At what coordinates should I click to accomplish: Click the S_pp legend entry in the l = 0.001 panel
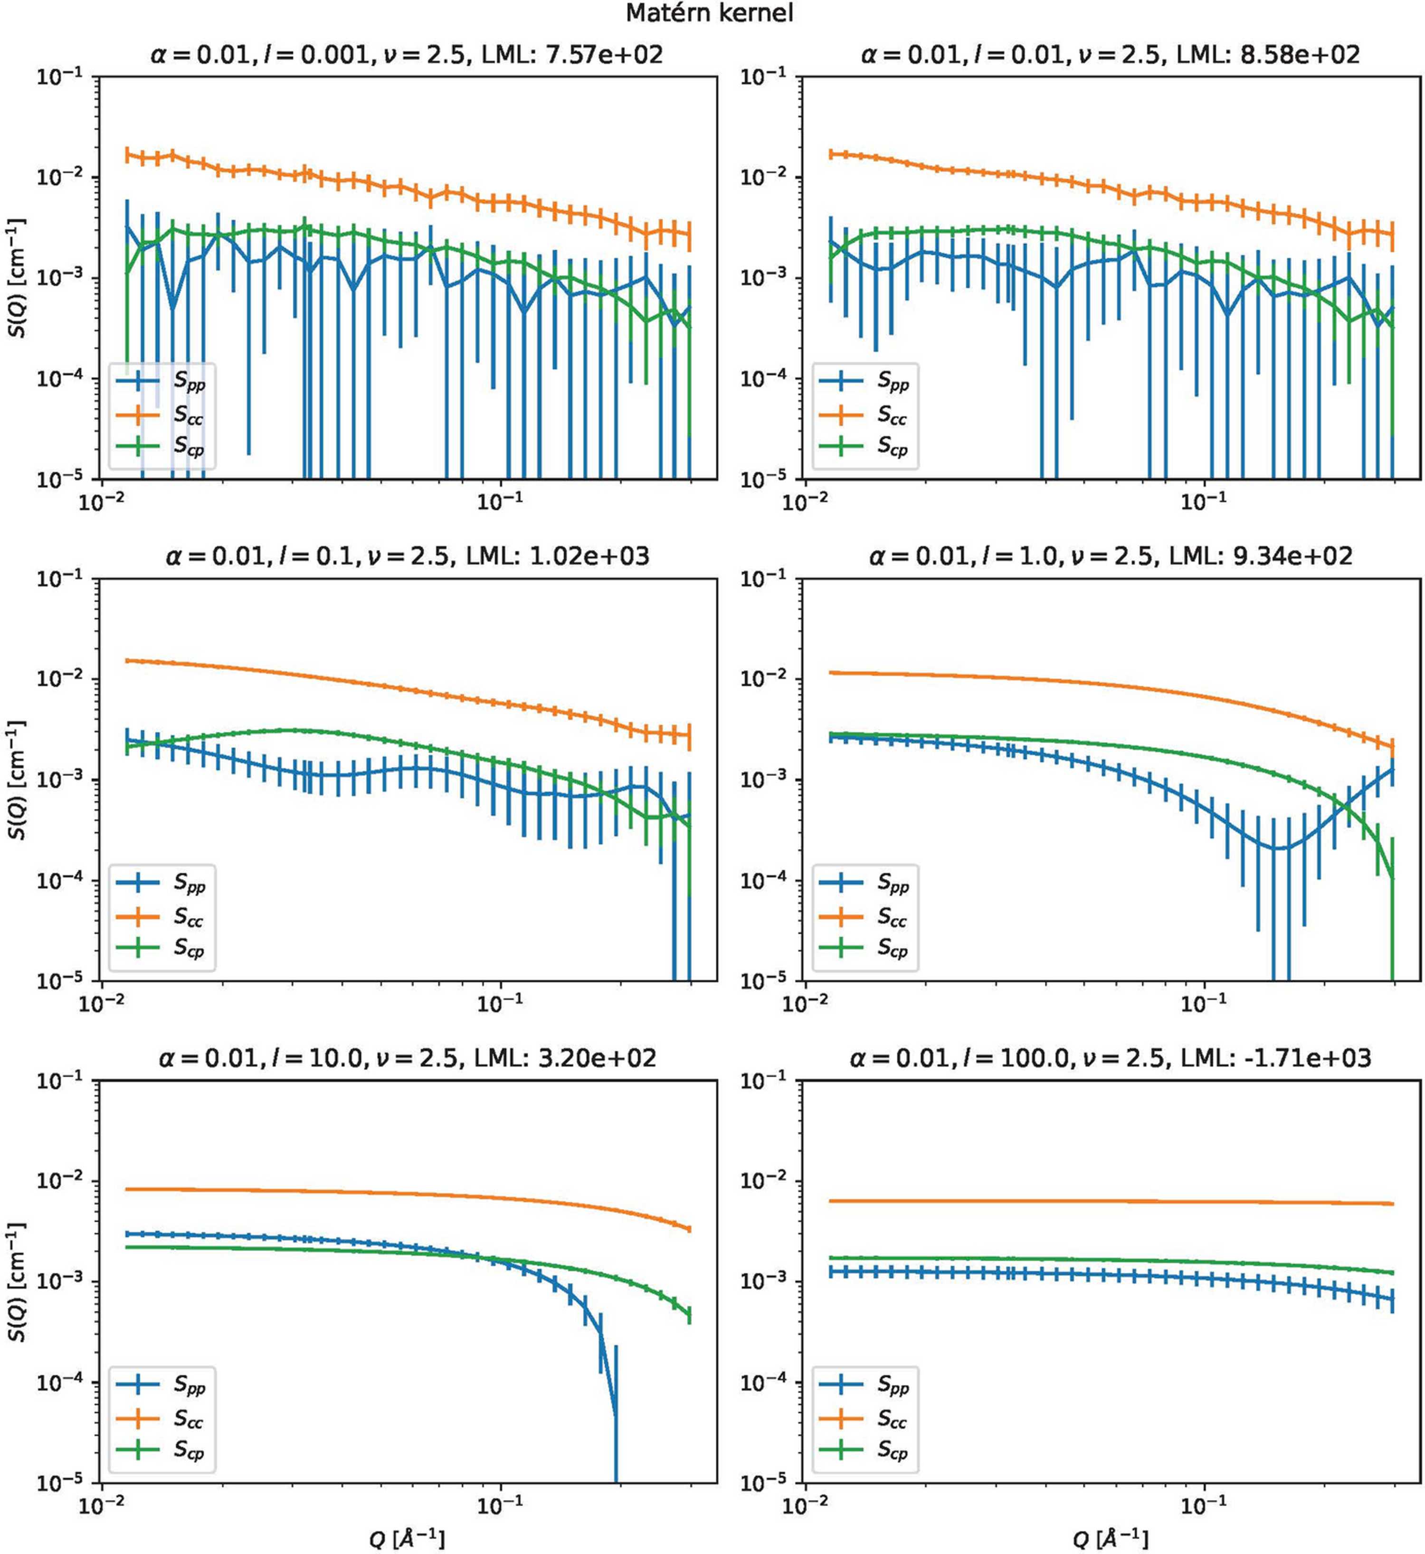click(161, 382)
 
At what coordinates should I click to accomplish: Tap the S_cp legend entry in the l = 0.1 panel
click(161, 949)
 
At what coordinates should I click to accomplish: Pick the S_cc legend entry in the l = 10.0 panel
click(161, 1418)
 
